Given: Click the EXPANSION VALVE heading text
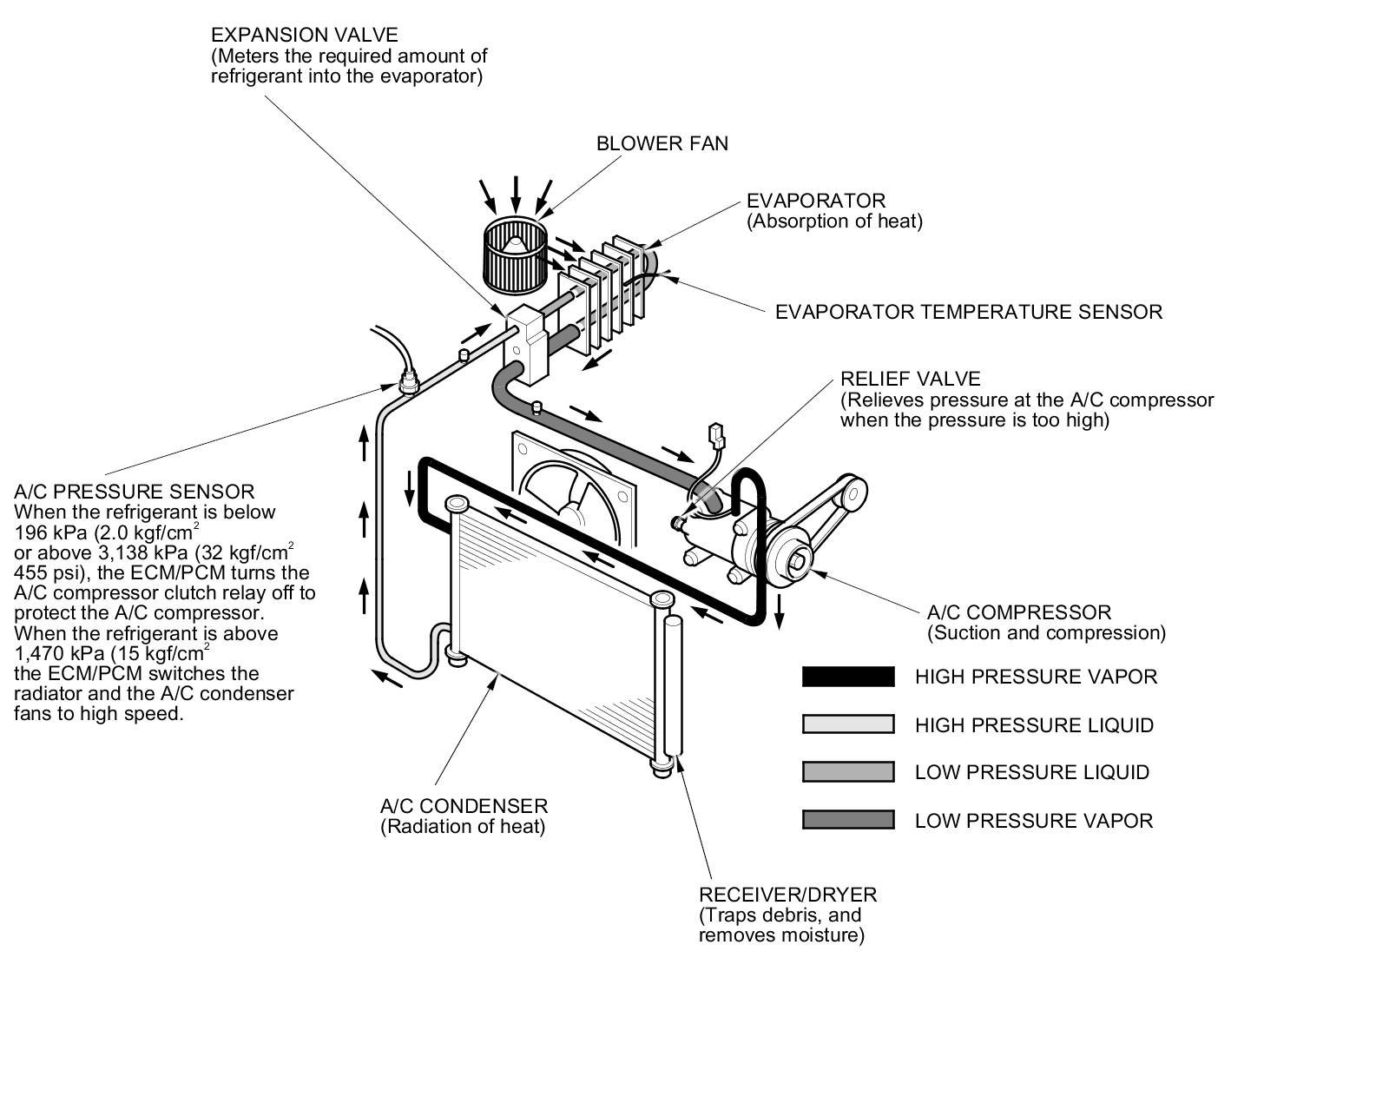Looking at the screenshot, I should (304, 36).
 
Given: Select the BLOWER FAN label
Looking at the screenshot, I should (662, 143).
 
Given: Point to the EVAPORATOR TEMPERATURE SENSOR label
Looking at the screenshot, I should (968, 312).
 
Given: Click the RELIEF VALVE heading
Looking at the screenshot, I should (910, 380).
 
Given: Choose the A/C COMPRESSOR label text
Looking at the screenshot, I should (1018, 613).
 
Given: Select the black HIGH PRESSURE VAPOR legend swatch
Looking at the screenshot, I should (847, 677).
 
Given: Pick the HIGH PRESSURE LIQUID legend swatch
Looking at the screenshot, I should (847, 724).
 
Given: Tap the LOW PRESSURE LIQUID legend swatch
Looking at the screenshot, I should (847, 772).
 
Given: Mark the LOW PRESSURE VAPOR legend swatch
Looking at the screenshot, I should (847, 820).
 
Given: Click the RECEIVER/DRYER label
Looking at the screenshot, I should (787, 895).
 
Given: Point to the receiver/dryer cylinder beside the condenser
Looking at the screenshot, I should (673, 686).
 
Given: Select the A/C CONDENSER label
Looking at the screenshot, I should (464, 806).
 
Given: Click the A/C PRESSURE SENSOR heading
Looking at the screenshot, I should (135, 492).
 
